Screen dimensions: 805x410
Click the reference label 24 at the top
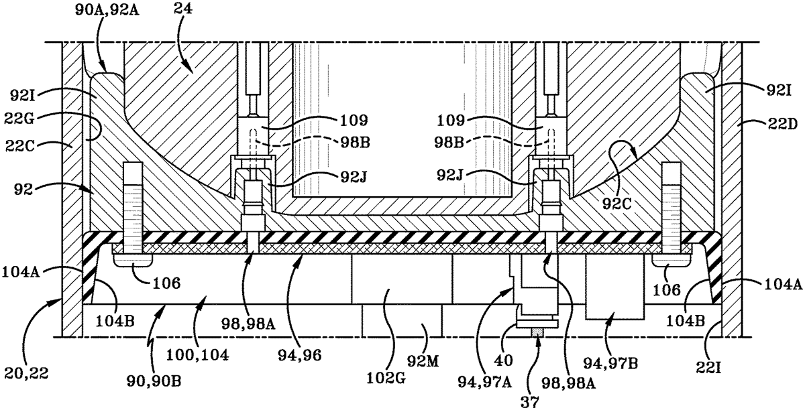(183, 9)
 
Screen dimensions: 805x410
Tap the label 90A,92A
(107, 9)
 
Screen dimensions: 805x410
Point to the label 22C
(21, 146)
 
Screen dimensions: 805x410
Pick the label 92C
(616, 204)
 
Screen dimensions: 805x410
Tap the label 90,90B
(154, 381)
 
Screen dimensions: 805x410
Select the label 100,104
(197, 355)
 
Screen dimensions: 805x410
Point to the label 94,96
(300, 355)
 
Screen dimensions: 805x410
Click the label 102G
(386, 377)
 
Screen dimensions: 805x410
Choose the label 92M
(423, 361)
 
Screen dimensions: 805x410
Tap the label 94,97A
(485, 383)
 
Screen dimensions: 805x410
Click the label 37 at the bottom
(530, 402)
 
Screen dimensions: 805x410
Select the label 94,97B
(611, 363)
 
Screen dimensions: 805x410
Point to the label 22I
(708, 367)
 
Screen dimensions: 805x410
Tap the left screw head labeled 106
(133, 261)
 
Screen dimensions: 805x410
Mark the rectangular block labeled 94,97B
(614, 287)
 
